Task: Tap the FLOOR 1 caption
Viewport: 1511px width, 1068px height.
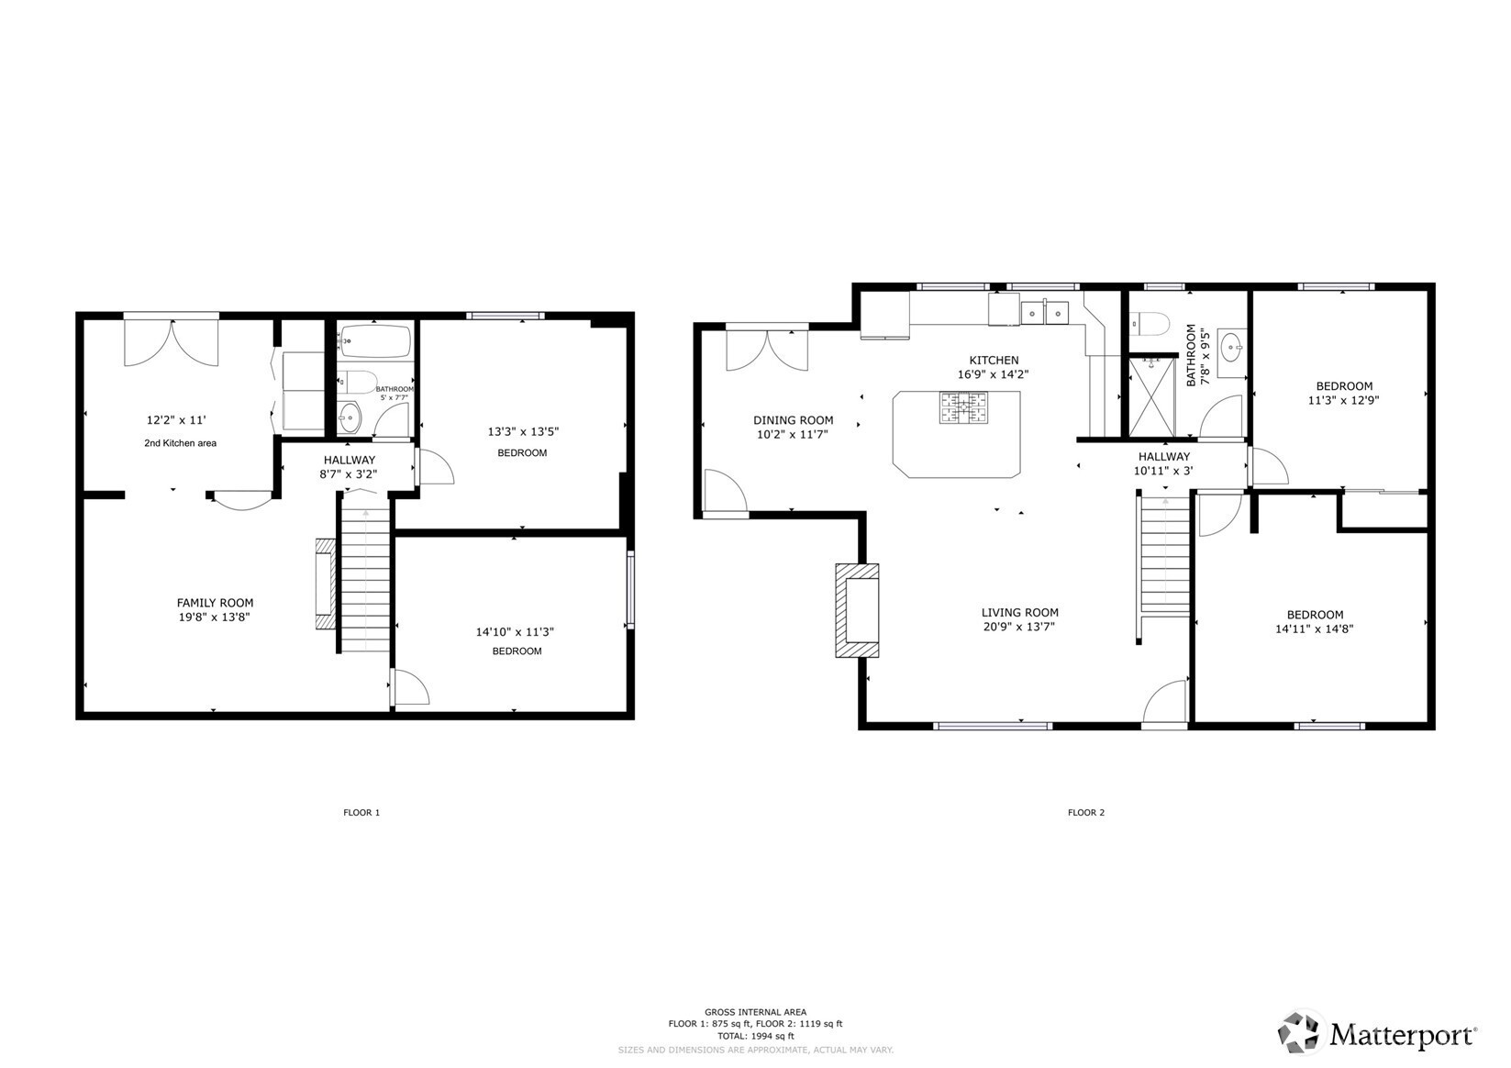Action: (x=361, y=812)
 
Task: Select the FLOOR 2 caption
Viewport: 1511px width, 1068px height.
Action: (x=1086, y=812)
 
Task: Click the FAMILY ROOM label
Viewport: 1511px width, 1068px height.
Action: (x=216, y=603)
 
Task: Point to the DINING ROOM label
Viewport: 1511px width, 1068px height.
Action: (x=794, y=420)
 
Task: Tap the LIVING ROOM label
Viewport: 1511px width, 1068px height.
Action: (x=1020, y=613)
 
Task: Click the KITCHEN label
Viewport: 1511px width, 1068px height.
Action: (x=994, y=361)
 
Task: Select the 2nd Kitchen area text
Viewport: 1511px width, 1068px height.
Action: (x=180, y=443)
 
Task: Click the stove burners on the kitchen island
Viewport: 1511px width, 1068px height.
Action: (x=964, y=407)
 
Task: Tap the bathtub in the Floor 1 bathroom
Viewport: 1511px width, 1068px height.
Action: (x=375, y=341)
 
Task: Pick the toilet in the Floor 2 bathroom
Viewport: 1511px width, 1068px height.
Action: (x=1149, y=324)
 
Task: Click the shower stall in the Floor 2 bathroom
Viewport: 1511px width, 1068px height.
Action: (x=1151, y=396)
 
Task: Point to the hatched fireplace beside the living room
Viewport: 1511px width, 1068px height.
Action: (x=858, y=610)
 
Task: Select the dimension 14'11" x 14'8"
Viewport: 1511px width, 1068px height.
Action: (x=1315, y=629)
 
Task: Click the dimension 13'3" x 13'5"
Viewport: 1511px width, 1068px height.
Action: (x=524, y=432)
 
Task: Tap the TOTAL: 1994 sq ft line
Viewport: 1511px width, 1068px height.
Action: (x=756, y=1036)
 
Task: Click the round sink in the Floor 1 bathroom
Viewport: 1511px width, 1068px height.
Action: (x=350, y=419)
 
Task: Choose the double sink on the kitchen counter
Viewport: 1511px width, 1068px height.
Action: (x=1045, y=313)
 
